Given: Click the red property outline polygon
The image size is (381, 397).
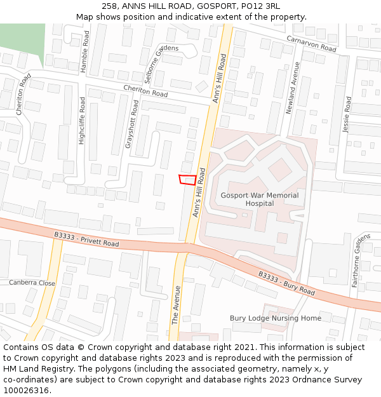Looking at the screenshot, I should click(187, 180).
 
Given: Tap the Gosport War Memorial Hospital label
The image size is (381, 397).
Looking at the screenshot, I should click(259, 199).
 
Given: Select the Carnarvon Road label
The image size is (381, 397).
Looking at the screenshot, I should click(311, 44).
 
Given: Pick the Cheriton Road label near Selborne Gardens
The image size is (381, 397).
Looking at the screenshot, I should click(145, 91).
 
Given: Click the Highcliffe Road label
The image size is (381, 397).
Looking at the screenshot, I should click(81, 121).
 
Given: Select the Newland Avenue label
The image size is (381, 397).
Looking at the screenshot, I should click(291, 88).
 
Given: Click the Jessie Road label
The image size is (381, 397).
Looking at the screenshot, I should click(347, 114).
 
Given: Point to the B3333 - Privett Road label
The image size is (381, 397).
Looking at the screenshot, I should click(86, 239).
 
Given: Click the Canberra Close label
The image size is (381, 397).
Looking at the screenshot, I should click(32, 283).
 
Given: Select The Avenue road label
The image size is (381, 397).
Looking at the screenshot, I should click(177, 306).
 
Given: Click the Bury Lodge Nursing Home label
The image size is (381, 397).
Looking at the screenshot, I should click(275, 318).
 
